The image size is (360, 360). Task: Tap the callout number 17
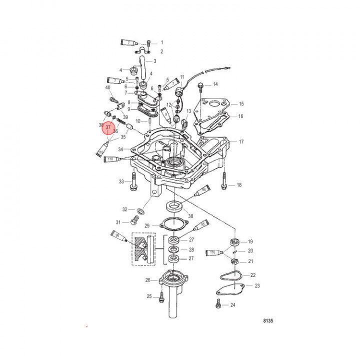[x=241, y=142]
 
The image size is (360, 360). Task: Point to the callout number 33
[x=121, y=181]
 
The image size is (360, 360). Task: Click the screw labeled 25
[x=161, y=297]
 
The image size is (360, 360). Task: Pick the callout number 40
[x=108, y=88]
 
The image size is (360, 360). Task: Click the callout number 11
[x=182, y=77]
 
